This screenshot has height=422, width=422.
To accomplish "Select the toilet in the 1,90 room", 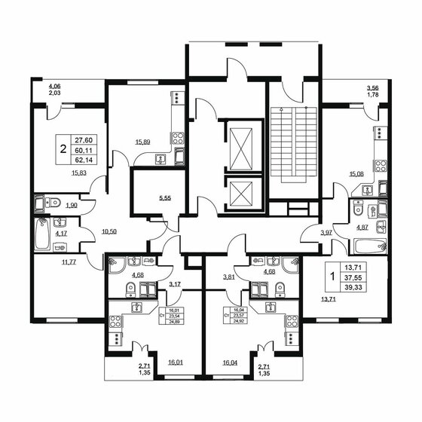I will (x=53, y=202).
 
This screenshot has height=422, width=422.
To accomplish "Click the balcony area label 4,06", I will (x=55, y=86).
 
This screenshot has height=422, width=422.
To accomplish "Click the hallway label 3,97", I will (x=326, y=232).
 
